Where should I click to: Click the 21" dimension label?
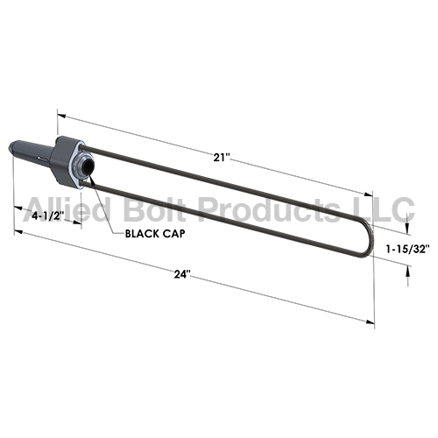pos(221,158)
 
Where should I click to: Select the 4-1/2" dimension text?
pos(46,215)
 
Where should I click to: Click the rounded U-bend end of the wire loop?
pos(366,238)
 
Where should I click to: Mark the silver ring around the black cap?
pos(80,164)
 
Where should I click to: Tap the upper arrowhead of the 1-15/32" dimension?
pos(406,225)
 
